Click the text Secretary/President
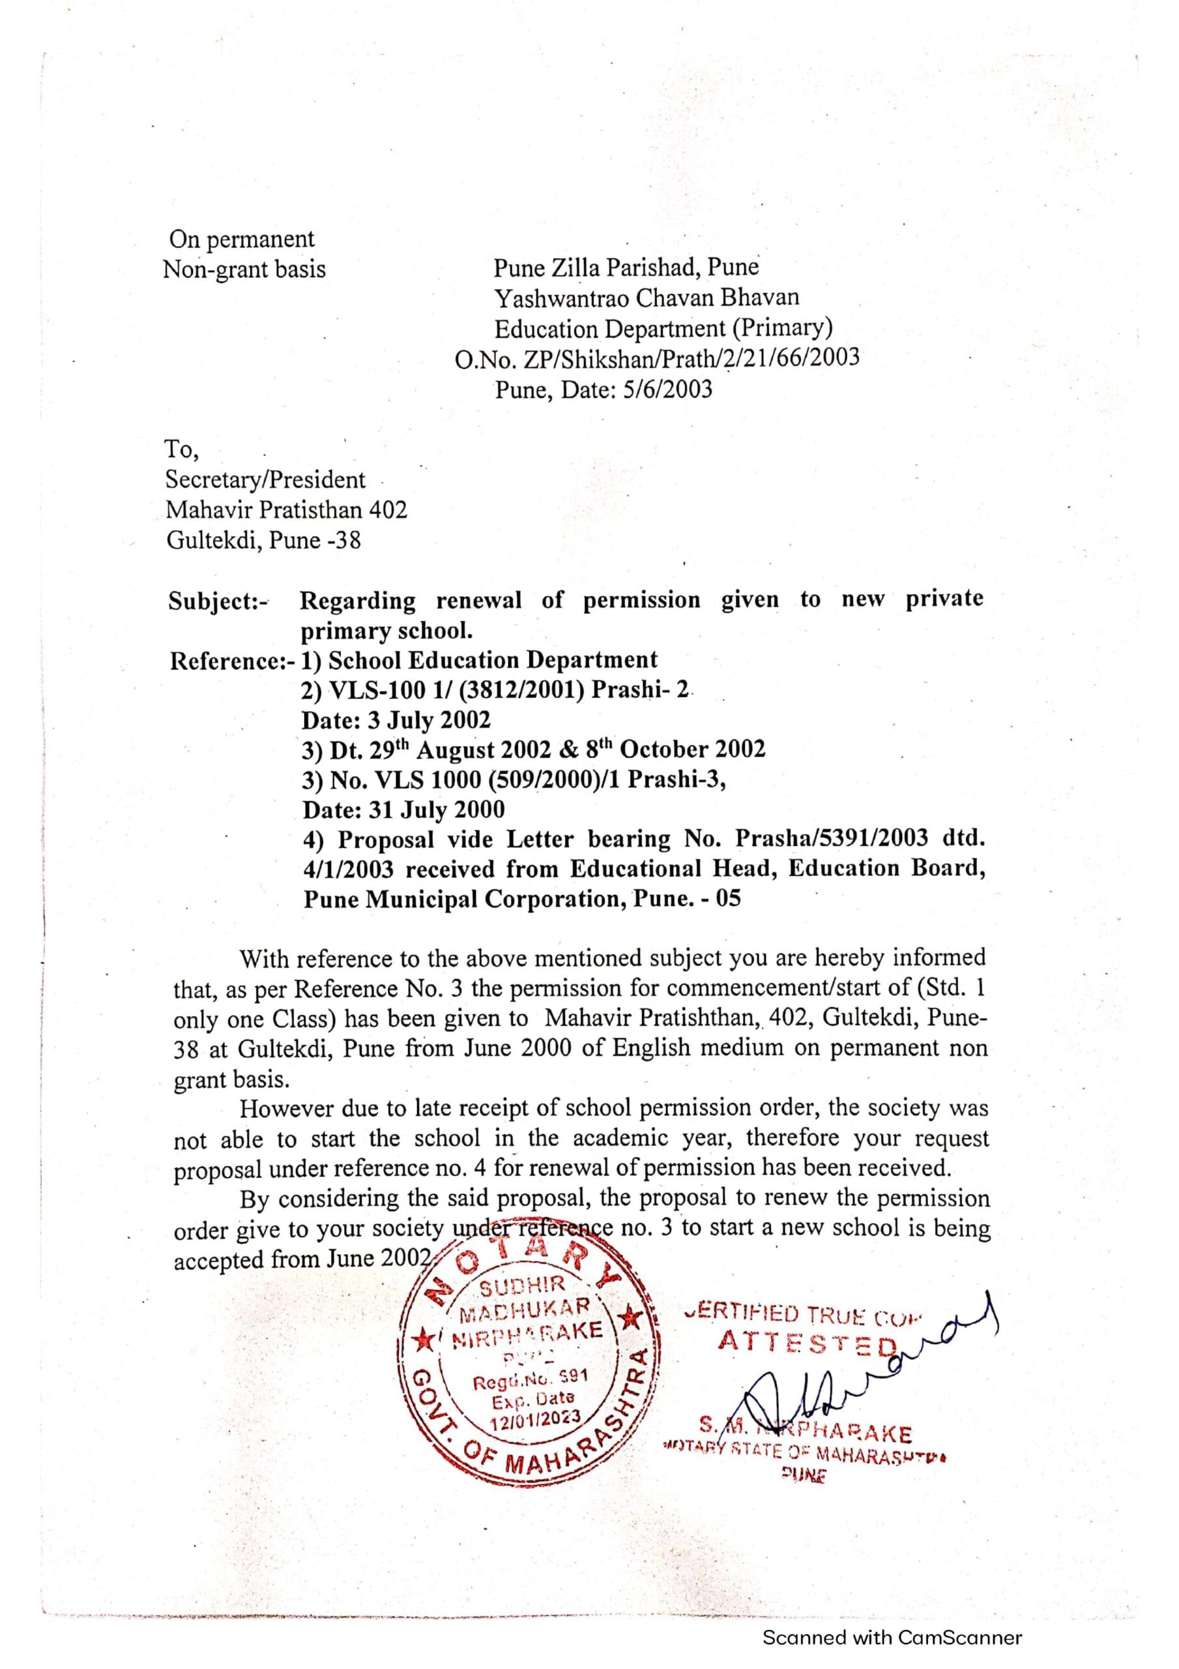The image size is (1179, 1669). click(x=265, y=480)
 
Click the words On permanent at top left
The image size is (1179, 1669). click(x=241, y=239)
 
